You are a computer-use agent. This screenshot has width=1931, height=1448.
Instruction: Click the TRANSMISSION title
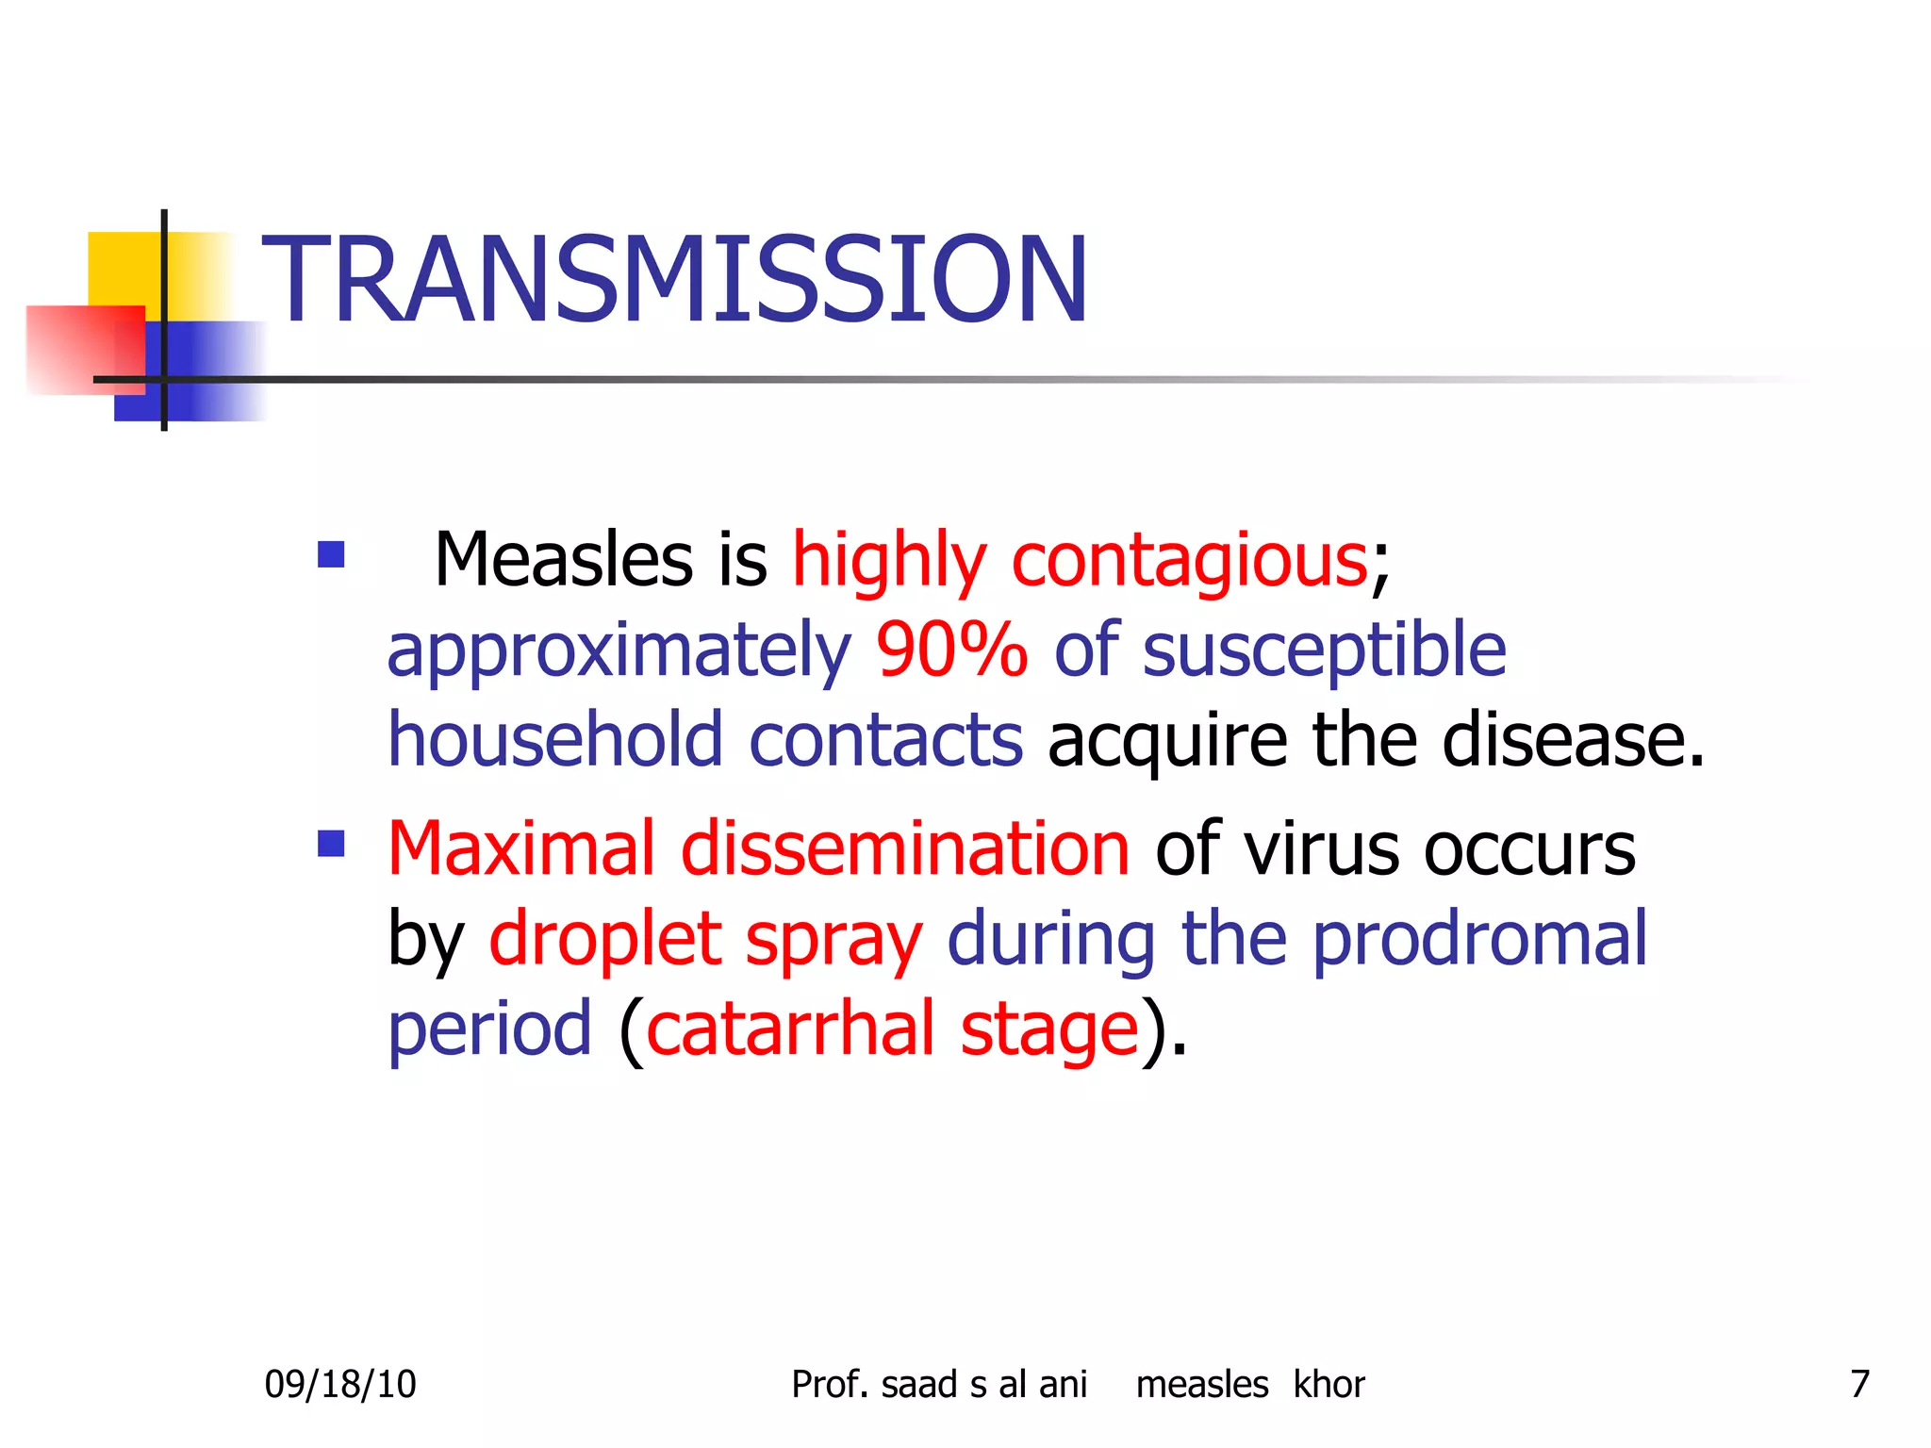(x=675, y=280)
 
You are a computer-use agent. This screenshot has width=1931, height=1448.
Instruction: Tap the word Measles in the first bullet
(x=563, y=560)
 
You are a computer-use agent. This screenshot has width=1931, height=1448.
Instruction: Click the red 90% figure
(x=951, y=650)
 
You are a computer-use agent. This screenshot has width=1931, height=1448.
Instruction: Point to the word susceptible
(x=1324, y=651)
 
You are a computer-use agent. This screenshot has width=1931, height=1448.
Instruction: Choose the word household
(x=554, y=740)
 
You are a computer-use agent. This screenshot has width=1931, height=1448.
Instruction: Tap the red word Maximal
(x=520, y=848)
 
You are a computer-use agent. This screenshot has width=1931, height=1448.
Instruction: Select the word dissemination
(x=904, y=848)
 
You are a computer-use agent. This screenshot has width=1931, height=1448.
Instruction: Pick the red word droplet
(x=603, y=940)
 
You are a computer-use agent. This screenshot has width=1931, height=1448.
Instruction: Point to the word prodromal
(x=1479, y=940)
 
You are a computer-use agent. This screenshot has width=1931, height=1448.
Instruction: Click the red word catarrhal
(x=790, y=1029)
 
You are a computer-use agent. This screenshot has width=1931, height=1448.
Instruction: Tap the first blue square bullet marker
(x=331, y=554)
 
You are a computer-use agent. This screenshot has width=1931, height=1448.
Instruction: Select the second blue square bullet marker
(x=331, y=843)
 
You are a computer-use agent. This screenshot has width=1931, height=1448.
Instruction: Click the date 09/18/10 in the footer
(x=339, y=1384)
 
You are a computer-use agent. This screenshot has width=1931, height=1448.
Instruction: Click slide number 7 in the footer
(x=1859, y=1384)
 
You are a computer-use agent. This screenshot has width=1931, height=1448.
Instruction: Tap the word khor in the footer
(x=1329, y=1384)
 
